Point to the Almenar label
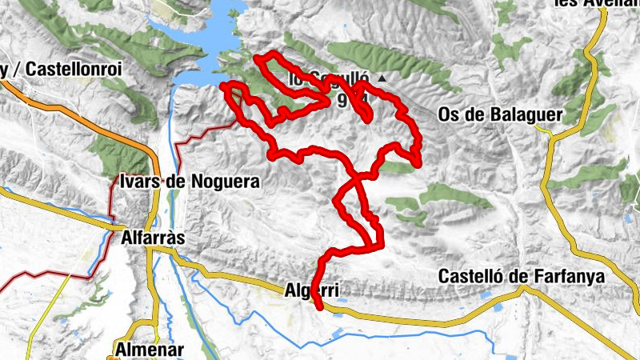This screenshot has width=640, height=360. point(150,350)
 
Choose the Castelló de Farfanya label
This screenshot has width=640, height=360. point(521,277)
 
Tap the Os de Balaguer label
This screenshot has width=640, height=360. point(501,115)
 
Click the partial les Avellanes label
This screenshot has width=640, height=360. point(595,4)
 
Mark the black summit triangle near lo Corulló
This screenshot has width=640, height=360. point(382,78)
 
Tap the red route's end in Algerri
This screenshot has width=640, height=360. point(320,307)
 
